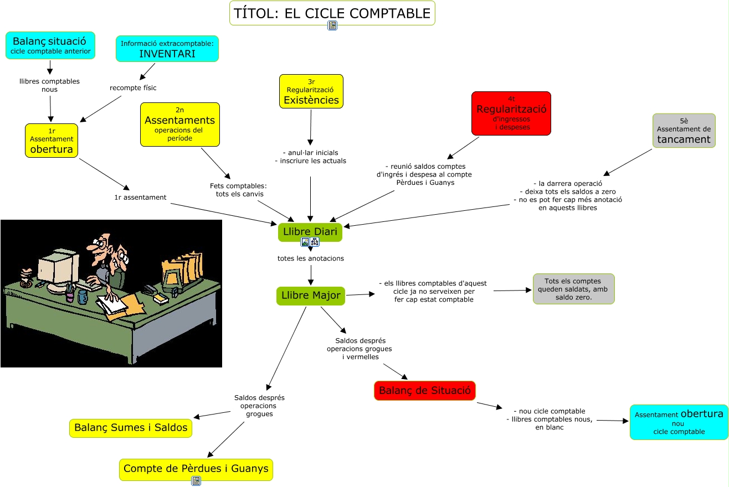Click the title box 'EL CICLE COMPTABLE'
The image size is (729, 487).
tap(332, 13)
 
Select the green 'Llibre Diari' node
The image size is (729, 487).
tap(310, 231)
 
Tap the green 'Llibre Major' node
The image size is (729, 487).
tap(310, 296)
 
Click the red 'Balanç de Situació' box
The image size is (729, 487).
tap(424, 391)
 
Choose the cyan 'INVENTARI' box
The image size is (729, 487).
tap(167, 49)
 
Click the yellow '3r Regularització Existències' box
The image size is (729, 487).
tap(311, 91)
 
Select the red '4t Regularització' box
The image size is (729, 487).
tap(511, 113)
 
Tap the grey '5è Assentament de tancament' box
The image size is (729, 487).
tap(684, 131)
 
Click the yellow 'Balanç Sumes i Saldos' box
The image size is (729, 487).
tap(131, 428)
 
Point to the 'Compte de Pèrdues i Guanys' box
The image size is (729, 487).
tap(196, 469)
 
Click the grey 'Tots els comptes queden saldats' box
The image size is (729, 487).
tap(573, 289)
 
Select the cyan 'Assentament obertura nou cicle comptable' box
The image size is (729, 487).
tap(679, 422)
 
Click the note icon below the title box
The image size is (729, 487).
tap(332, 25)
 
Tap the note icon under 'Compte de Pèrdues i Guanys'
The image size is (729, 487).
tap(196, 481)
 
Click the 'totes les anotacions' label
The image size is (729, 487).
tap(310, 258)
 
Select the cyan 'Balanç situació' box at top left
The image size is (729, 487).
tap(50, 45)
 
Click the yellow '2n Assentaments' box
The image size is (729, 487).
tap(180, 125)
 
